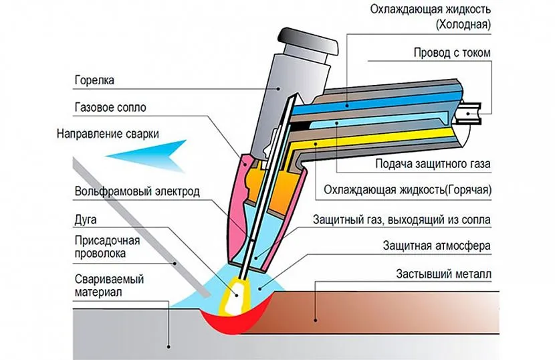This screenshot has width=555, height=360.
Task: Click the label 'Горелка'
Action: pos(94,80)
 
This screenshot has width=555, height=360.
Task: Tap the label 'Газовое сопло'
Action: pos(110,106)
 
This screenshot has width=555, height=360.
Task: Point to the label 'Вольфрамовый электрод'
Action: pos(137,191)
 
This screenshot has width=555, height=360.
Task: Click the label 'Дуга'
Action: pos(86,218)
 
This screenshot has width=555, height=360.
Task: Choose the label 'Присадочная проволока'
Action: pos(101,246)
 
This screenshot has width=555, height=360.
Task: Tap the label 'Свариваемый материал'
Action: pos(110,285)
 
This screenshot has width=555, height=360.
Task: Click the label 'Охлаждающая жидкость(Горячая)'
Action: pos(407,190)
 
